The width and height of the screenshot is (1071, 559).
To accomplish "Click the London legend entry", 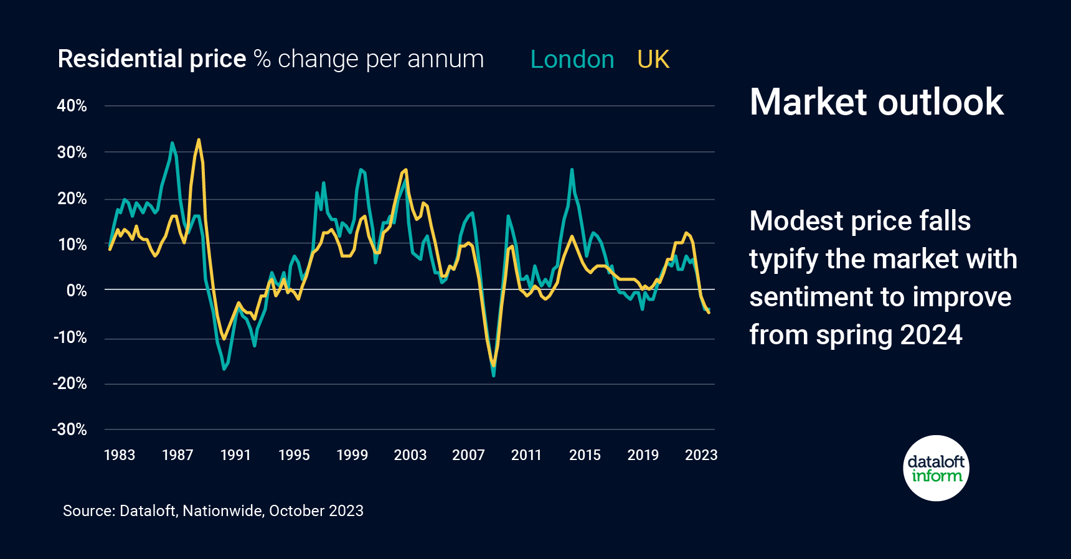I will (572, 60).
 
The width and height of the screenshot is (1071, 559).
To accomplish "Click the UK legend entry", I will (653, 60).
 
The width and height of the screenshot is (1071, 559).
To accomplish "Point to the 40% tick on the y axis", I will (72, 106).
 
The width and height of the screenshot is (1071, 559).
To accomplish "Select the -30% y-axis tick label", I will (70, 430).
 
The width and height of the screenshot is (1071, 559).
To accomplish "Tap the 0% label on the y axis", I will (77, 290).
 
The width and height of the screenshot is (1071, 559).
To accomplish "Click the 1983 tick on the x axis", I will (119, 455).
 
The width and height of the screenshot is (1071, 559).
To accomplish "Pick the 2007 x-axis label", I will (468, 455).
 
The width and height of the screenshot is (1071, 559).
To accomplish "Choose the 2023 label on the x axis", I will (701, 455).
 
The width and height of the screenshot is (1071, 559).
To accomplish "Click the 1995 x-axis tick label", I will (294, 455).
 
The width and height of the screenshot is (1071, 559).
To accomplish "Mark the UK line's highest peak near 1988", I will (199, 140).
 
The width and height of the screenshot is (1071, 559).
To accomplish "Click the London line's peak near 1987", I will (172, 143).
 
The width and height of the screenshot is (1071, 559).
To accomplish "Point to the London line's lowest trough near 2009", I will (494, 375).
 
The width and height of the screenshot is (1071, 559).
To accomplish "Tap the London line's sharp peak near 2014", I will (572, 169).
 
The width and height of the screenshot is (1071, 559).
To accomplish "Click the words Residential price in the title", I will (152, 59).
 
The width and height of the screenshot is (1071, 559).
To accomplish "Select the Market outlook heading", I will (876, 102).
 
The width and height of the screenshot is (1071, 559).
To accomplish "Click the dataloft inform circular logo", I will (936, 468).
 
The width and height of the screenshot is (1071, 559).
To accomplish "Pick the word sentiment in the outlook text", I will (803, 297).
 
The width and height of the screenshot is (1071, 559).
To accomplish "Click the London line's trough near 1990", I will (224, 369).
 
